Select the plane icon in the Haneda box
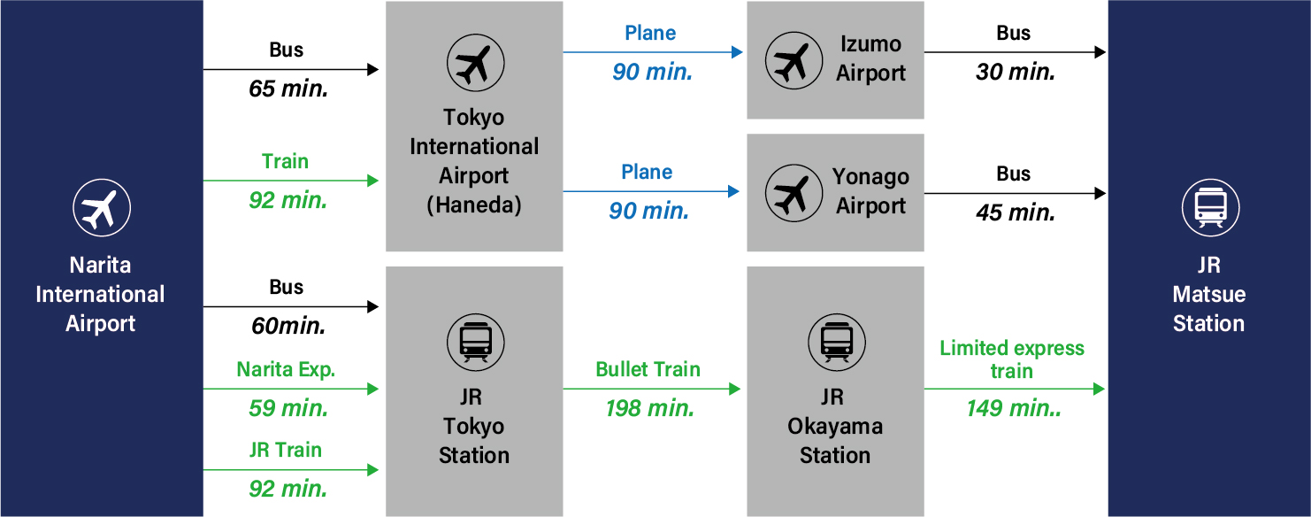[x=474, y=63]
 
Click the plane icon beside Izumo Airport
[x=793, y=60]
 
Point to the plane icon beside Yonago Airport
[x=793, y=192]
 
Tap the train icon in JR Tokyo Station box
[x=474, y=341]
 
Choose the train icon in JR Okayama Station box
[x=835, y=341]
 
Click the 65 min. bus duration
[x=288, y=89]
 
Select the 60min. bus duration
[x=288, y=326]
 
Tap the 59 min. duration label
[x=288, y=408]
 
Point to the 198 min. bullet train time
[x=649, y=408]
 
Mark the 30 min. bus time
[x=1015, y=73]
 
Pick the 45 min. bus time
[x=1015, y=212]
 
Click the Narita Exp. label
[x=286, y=370]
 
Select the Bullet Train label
[x=648, y=369]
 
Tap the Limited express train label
[x=1012, y=359]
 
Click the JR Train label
[x=286, y=450]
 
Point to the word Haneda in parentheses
[x=474, y=205]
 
